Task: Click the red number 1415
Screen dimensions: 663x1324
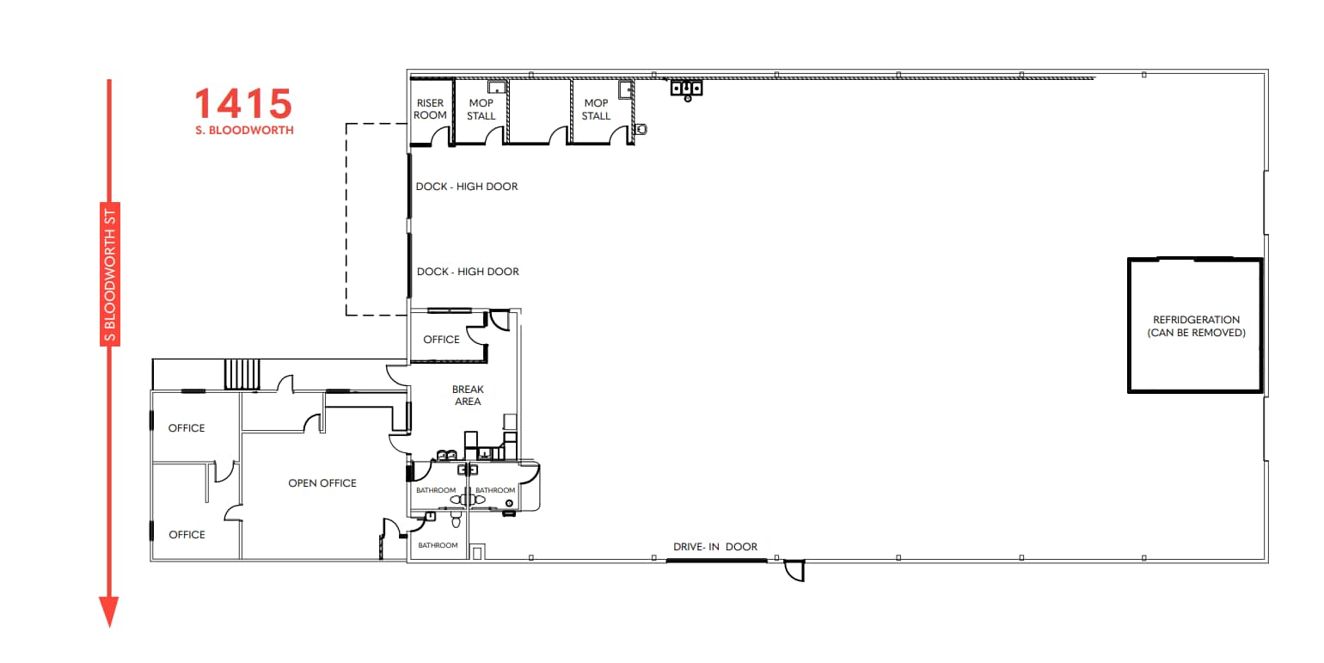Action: (x=243, y=104)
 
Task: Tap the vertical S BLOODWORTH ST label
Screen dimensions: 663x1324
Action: (x=109, y=274)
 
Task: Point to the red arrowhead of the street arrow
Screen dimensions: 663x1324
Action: (x=108, y=611)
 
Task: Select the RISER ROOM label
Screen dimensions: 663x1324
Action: (x=430, y=109)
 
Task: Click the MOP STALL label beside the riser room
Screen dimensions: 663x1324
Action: (x=481, y=109)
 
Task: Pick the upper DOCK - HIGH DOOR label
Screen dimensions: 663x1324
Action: (x=467, y=187)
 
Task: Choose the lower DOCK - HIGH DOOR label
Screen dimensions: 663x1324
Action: (x=467, y=272)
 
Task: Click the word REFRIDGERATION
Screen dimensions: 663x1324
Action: (x=1196, y=320)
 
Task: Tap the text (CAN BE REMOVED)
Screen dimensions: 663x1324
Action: (x=1196, y=333)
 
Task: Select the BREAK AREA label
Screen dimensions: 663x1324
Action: (x=468, y=396)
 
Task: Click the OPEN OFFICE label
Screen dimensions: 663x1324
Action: (x=322, y=483)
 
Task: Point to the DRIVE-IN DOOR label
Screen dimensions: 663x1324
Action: (x=715, y=547)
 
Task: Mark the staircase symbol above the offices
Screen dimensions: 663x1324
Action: (x=241, y=375)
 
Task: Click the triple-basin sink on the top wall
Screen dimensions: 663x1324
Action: (x=687, y=88)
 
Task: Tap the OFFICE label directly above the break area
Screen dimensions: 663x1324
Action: (x=441, y=340)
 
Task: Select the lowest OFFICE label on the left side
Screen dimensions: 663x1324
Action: (x=187, y=535)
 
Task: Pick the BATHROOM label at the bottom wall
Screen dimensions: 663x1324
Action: (x=437, y=545)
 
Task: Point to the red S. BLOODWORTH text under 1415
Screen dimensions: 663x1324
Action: (x=244, y=131)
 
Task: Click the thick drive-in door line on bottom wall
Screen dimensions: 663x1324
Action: (x=716, y=561)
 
